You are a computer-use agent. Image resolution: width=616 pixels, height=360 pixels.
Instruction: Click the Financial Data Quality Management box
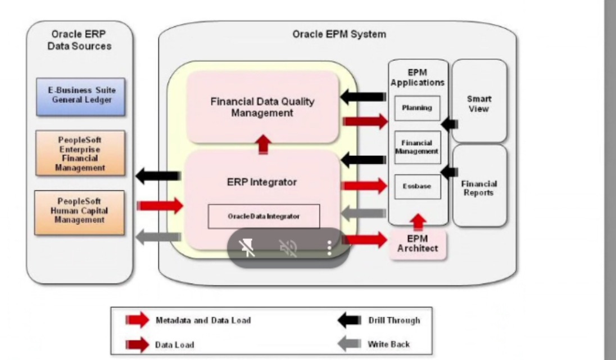[262, 107]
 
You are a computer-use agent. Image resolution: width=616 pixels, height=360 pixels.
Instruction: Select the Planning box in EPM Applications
[416, 108]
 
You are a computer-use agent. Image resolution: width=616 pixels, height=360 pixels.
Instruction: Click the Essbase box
[416, 186]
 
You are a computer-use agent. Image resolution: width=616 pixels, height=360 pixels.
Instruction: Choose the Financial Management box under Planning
[416, 147]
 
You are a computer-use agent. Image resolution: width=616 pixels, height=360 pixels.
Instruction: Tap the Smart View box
[478, 103]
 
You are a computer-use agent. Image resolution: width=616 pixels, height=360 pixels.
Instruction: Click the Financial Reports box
[479, 188]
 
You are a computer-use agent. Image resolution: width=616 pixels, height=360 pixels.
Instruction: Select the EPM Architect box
[418, 244]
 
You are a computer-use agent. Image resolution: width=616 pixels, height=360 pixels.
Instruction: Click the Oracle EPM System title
[339, 34]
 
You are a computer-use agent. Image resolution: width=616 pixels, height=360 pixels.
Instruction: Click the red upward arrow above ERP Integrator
[262, 145]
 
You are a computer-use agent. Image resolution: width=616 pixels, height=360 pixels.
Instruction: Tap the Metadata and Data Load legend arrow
[138, 320]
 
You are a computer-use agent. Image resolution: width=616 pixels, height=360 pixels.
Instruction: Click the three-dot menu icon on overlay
[329, 248]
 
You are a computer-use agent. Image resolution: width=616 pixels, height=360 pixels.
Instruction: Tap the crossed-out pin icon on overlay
[248, 248]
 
